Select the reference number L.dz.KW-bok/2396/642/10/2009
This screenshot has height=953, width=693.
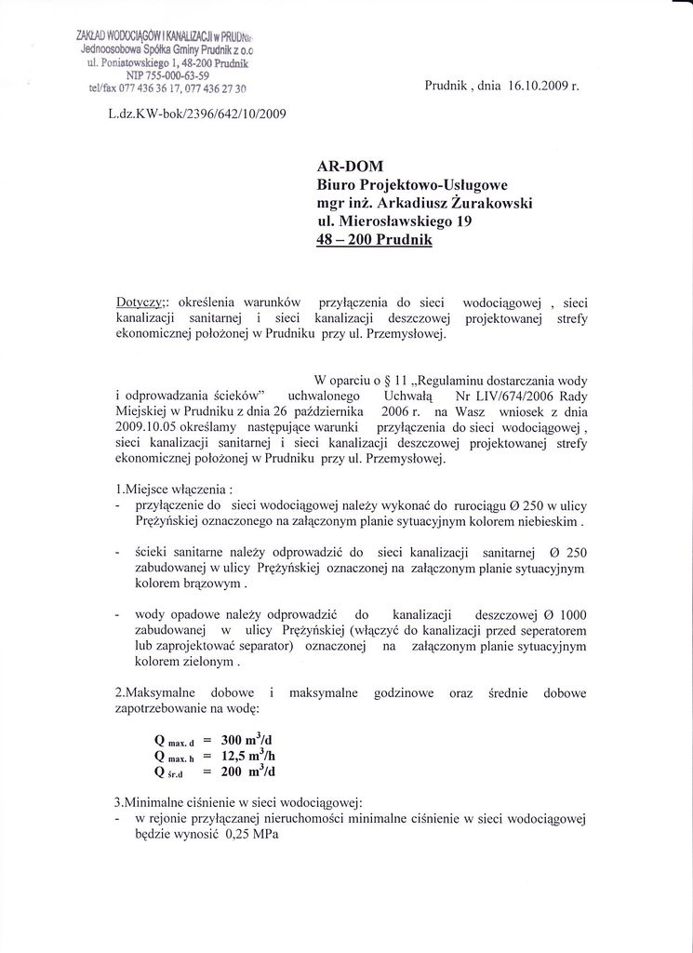pos(197,114)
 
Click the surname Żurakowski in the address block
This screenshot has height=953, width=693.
pos(489,203)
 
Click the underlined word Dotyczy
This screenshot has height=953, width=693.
pos(140,302)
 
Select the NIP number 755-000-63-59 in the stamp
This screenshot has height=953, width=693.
pos(174,75)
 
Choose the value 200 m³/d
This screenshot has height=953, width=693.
pos(248,772)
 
